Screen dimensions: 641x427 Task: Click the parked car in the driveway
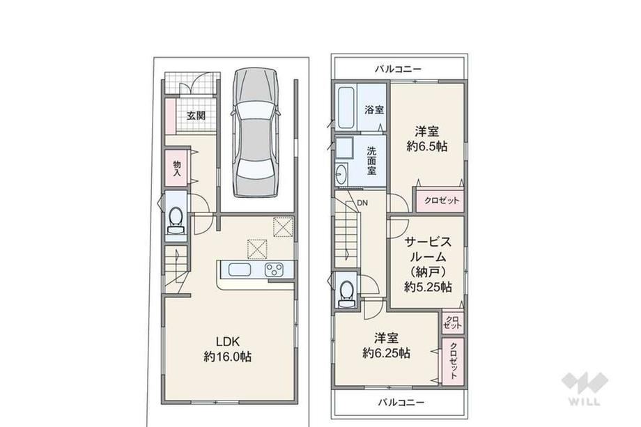pos(255,133)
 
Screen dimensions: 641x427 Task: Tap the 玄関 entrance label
pos(196,116)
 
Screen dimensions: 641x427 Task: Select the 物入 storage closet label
pos(177,169)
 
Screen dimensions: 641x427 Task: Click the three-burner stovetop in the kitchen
pos(275,270)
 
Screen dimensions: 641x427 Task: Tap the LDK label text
pos(227,341)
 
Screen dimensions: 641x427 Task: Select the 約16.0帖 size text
pos(227,357)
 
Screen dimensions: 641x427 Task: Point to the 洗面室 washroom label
pos(371,161)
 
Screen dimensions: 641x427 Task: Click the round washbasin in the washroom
pos(341,174)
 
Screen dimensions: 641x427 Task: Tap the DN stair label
pos(362,203)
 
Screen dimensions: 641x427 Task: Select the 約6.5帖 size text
pos(427,146)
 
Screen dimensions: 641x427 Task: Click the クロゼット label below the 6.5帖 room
pos(442,201)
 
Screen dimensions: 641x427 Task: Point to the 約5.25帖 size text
pos(428,287)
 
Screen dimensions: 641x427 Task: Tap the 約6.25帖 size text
pos(386,352)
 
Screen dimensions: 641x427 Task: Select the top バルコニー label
pos(398,69)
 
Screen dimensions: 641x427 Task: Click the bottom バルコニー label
pos(401,403)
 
